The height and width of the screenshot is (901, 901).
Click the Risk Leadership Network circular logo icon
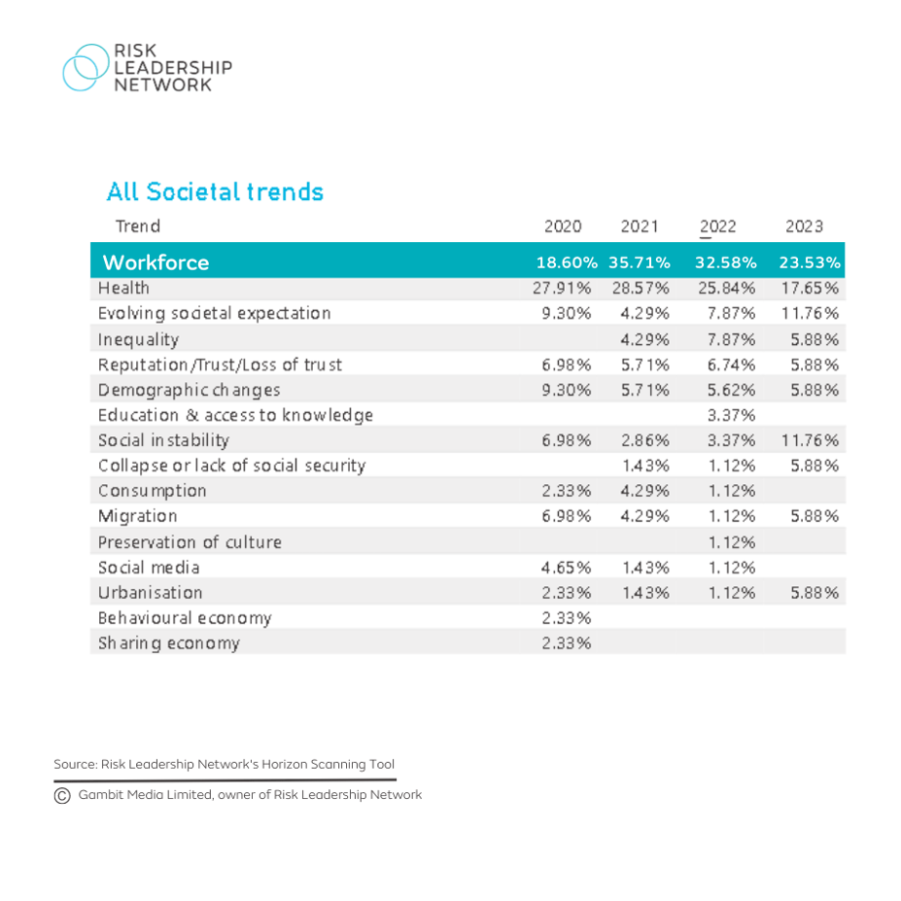[x=86, y=68]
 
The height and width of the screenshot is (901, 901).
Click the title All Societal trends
[x=215, y=191]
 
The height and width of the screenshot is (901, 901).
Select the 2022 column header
[x=717, y=226]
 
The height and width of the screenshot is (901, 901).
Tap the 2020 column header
[x=563, y=226]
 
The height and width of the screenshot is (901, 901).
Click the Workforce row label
[x=156, y=262]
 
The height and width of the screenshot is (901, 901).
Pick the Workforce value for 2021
[x=640, y=262]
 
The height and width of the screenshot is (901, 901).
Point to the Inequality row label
[x=138, y=339]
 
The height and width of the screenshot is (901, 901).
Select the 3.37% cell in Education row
[x=725, y=415]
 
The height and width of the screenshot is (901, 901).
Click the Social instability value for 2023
[x=811, y=440]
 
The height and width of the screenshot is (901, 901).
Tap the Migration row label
[x=137, y=516]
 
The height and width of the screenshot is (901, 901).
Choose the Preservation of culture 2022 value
[x=725, y=541]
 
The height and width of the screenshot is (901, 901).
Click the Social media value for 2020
[x=567, y=567]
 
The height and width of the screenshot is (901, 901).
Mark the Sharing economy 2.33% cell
[x=567, y=642]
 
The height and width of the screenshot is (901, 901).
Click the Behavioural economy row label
[x=185, y=617]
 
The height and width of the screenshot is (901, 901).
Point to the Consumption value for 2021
[x=644, y=491]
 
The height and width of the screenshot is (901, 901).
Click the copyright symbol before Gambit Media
[x=62, y=795]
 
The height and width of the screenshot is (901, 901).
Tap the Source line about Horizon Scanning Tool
[x=224, y=764]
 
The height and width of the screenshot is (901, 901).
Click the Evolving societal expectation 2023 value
[x=811, y=314]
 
